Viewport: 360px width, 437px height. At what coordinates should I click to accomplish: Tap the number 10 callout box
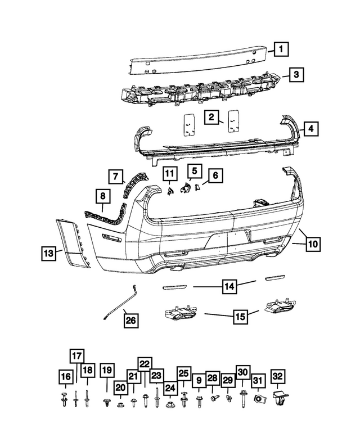tap(313, 244)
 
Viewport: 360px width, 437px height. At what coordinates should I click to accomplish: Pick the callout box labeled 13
tap(49, 254)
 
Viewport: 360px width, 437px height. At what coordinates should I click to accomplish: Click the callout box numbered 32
tap(278, 376)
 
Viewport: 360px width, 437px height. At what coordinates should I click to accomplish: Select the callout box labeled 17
tap(77, 355)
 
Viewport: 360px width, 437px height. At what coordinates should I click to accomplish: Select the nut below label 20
tap(120, 403)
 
